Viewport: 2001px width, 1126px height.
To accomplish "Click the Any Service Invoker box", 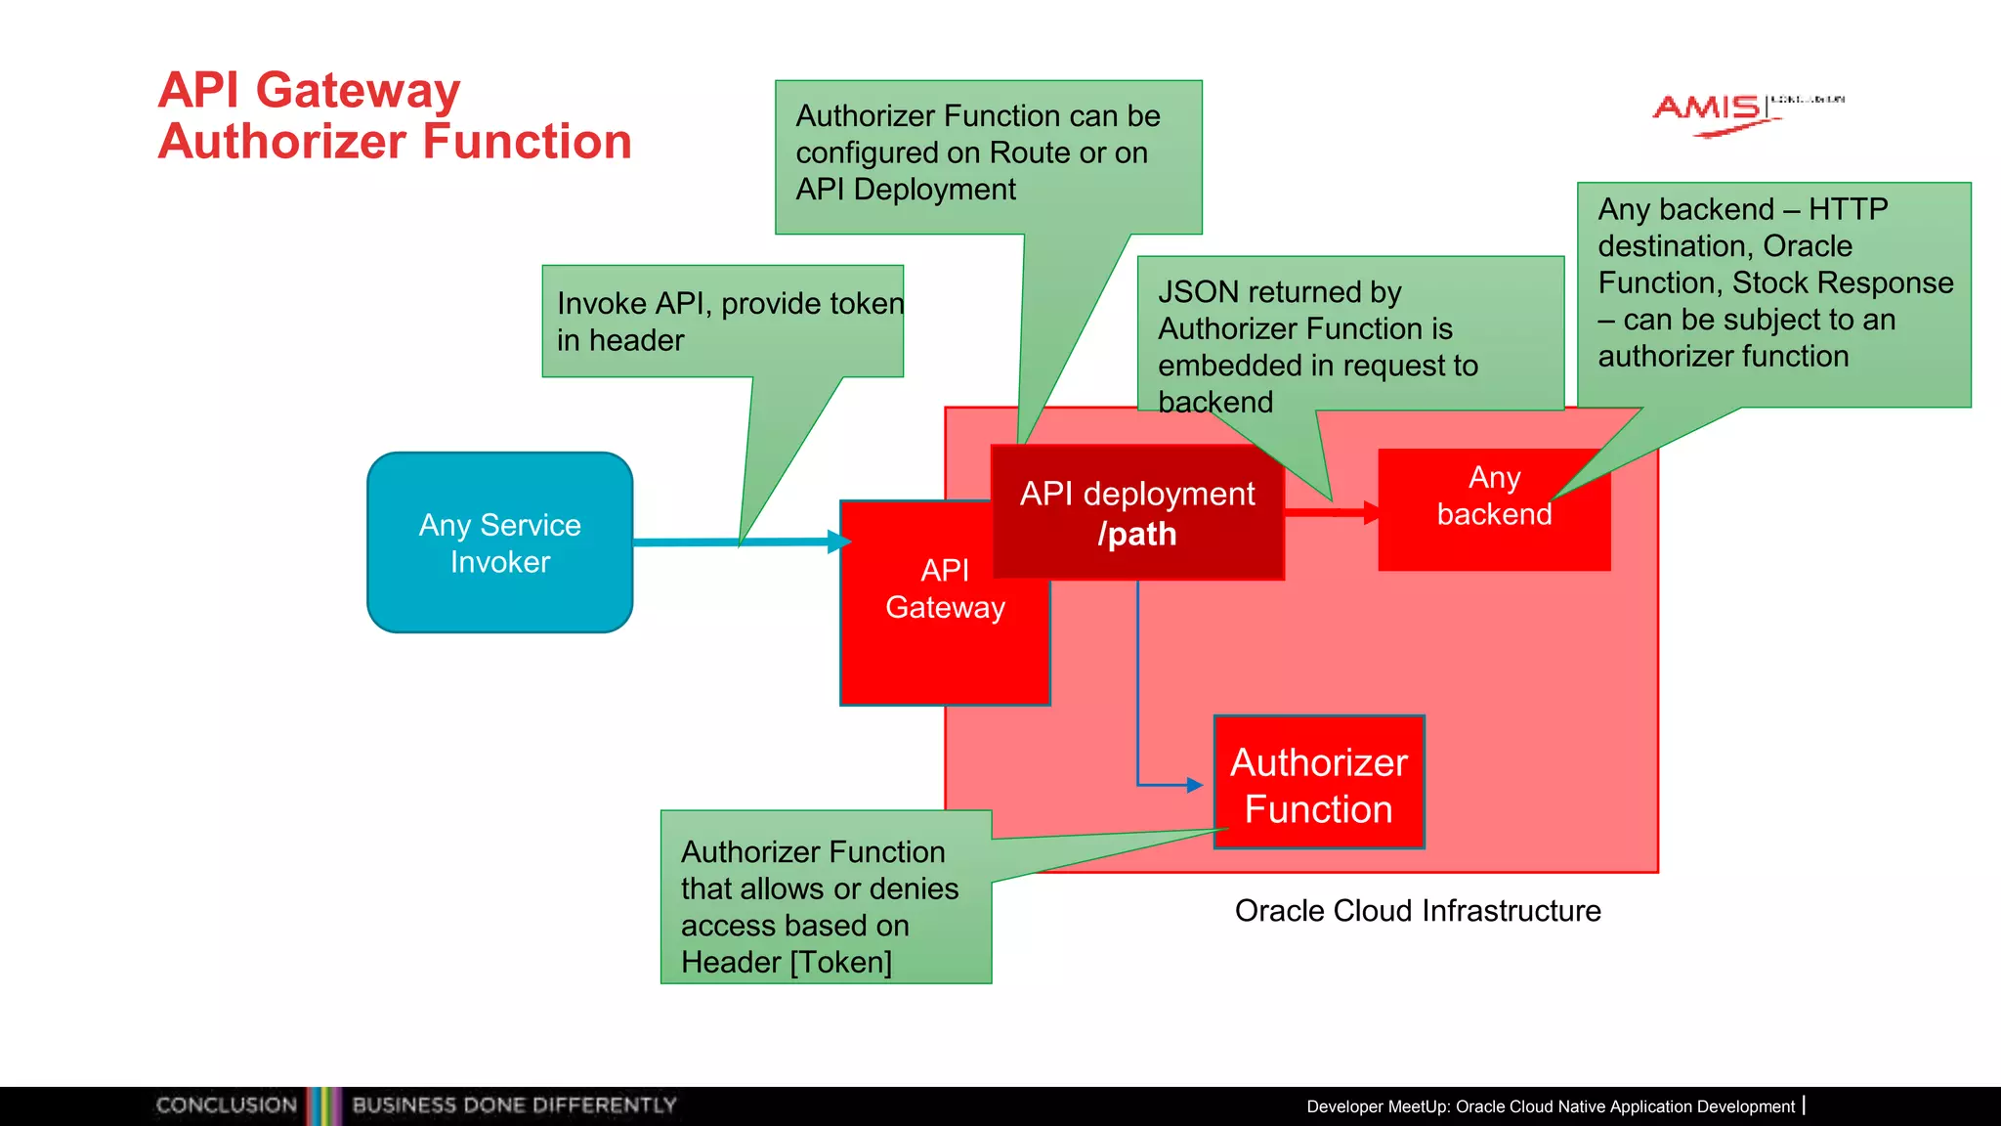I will (x=499, y=542).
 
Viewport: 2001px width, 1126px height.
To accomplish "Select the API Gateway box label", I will (x=945, y=588).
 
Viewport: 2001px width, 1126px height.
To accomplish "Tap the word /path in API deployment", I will (x=1137, y=535).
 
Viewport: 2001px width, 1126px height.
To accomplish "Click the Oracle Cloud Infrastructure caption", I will (x=1418, y=910).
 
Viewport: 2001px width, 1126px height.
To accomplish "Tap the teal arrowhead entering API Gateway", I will (x=839, y=541).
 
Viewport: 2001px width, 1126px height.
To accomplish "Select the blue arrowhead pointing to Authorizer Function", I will (x=1194, y=785).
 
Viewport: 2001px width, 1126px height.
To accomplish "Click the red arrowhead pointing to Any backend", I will (x=1372, y=512).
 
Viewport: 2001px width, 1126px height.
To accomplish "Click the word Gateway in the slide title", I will (x=358, y=90).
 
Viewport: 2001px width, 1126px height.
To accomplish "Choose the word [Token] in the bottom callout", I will (x=841, y=962).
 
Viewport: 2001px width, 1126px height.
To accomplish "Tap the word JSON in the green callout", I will (x=1198, y=292).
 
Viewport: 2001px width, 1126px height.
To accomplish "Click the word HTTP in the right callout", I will (x=1848, y=209).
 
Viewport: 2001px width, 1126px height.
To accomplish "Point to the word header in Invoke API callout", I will (x=636, y=341).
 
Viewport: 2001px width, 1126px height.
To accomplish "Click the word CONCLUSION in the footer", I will (x=226, y=1105).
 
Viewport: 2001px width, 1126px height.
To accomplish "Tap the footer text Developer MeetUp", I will (x=1379, y=1106).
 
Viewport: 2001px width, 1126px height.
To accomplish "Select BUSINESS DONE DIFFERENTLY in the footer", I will (x=514, y=1105).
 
